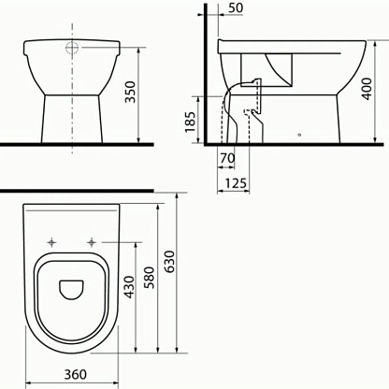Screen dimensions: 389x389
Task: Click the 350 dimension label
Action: [130, 92]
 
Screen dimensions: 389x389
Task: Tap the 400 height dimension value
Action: [367, 89]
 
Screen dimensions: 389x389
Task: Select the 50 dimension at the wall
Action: [236, 8]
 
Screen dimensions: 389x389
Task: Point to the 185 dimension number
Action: [190, 121]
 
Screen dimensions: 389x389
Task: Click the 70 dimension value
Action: [227, 158]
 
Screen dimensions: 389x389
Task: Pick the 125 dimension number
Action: [236, 183]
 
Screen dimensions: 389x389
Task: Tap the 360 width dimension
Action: [76, 374]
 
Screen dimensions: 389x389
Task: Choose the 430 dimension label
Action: [129, 287]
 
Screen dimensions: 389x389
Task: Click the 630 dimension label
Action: [169, 262]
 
